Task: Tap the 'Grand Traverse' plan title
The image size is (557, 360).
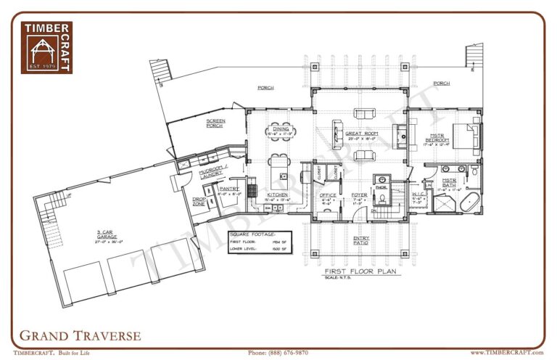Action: (80, 335)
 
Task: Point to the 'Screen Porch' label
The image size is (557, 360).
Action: (215, 123)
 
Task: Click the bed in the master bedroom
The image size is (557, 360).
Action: (466, 136)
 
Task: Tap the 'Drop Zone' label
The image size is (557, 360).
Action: (199, 200)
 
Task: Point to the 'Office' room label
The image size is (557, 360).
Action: (328, 195)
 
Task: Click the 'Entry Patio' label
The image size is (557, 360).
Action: (361, 240)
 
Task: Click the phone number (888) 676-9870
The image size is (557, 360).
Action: (278, 352)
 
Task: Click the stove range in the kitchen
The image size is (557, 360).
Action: (253, 190)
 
